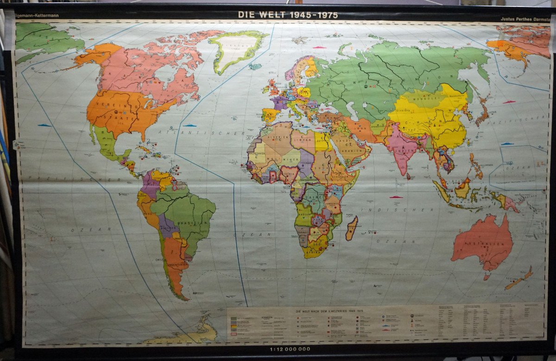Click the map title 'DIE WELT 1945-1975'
pos(287,14)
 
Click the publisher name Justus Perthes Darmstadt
pos(526,19)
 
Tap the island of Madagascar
pos(351,228)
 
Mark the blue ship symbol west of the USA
pos(44,125)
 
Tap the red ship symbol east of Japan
pos(509,101)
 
